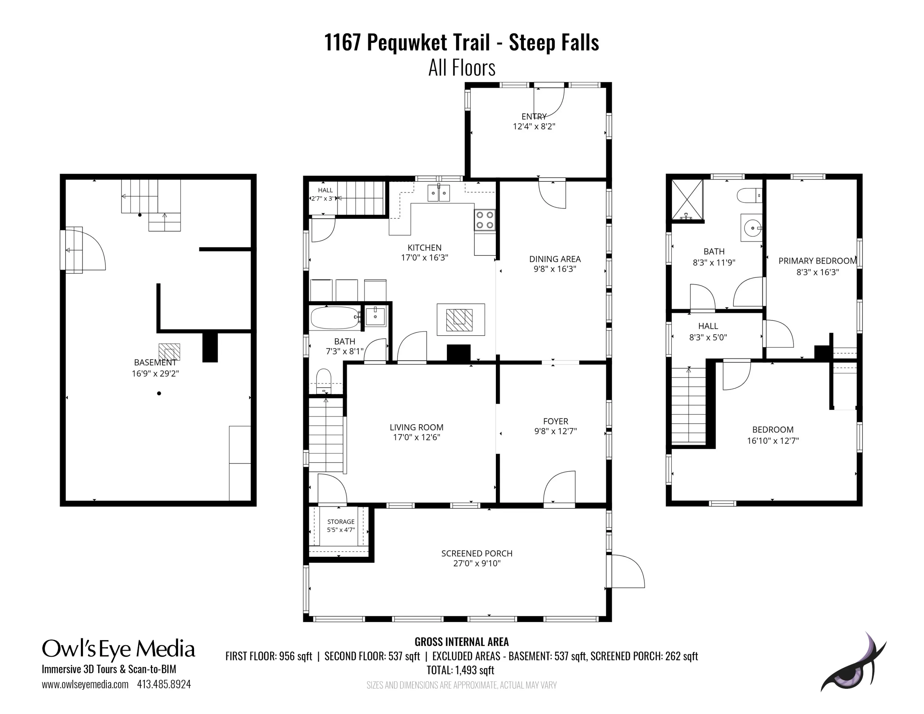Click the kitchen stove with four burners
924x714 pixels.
coord(485,220)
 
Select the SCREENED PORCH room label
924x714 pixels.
coord(477,553)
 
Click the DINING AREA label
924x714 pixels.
coord(555,259)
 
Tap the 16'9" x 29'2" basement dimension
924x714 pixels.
coord(155,374)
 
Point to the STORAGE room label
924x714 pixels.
coord(341,521)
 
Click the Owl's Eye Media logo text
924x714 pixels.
coord(119,649)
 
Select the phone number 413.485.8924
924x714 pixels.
coord(164,684)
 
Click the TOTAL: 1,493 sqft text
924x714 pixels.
coord(460,670)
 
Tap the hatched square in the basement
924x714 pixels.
coord(169,352)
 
